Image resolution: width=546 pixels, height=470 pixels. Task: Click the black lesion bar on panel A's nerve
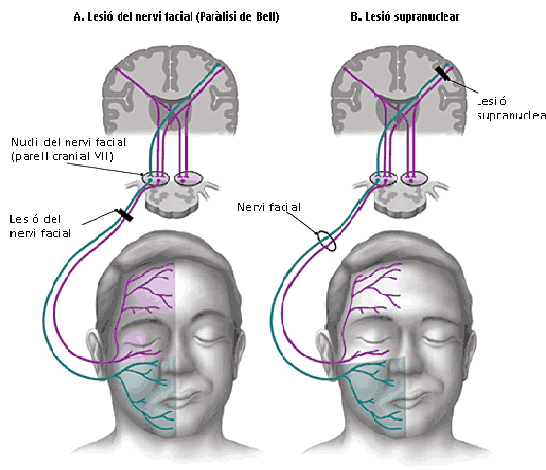(x=124, y=214)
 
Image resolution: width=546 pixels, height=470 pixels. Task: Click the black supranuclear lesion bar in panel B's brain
(x=444, y=73)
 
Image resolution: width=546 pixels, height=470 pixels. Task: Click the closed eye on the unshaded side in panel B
(x=446, y=337)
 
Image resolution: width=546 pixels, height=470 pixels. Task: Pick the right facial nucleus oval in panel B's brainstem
(x=415, y=179)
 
